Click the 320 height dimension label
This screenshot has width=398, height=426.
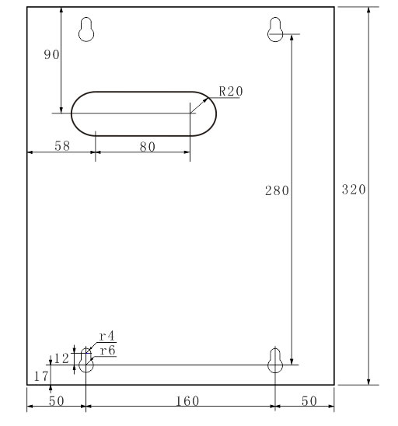pyautogui.click(x=354, y=190)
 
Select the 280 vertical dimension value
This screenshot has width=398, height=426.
pyautogui.click(x=277, y=190)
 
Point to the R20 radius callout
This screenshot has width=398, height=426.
pyautogui.click(x=231, y=91)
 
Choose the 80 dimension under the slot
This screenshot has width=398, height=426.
pyautogui.click(x=147, y=146)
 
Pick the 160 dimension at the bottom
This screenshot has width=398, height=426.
pyautogui.click(x=187, y=400)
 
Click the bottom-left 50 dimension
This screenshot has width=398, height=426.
pyautogui.click(x=55, y=400)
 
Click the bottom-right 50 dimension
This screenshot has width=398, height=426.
pyautogui.click(x=309, y=400)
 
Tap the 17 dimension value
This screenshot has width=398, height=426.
pyautogui.click(x=40, y=376)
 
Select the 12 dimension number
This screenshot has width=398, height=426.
pyautogui.click(x=61, y=358)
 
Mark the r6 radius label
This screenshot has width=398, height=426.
pyautogui.click(x=106, y=351)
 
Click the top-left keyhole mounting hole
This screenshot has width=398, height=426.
pyautogui.click(x=88, y=29)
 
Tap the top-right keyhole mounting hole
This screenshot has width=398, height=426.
pyautogui.click(x=275, y=29)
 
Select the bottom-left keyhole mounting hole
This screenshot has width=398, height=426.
pyautogui.click(x=86, y=360)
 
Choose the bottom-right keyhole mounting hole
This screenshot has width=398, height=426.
pyautogui.click(x=274, y=360)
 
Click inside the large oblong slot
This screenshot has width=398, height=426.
pyautogui.click(x=144, y=113)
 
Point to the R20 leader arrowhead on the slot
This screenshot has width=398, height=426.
pyautogui.click(x=206, y=100)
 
